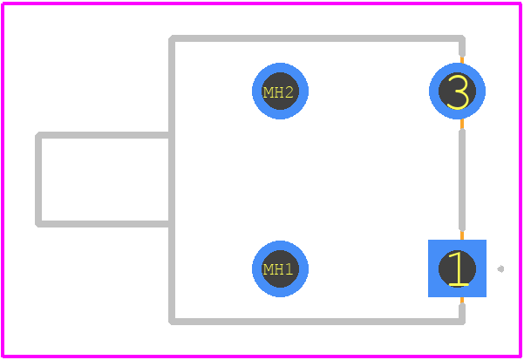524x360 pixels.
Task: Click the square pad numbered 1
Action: coord(457,268)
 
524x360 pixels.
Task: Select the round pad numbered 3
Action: coord(457,91)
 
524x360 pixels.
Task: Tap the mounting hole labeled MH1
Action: coord(280,268)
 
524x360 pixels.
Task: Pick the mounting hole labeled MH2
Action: coord(280,91)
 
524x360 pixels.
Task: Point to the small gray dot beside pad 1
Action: coord(500,268)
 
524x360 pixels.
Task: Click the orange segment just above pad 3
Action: coord(462,60)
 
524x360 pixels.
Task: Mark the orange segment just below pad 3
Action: coord(462,124)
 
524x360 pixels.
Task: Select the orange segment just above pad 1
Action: coord(462,235)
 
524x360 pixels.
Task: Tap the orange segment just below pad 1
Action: coord(462,300)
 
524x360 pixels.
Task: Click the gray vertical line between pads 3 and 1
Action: coord(462,180)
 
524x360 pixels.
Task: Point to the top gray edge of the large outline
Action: coord(316,38)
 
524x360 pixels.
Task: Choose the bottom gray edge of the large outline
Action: coord(316,322)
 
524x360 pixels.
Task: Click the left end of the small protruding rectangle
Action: coord(38,180)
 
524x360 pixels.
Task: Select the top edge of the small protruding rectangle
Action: coord(104,135)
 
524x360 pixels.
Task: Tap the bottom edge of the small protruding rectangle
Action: coord(104,224)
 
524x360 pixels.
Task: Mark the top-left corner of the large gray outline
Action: coord(172,38)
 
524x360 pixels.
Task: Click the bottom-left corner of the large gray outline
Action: coord(172,322)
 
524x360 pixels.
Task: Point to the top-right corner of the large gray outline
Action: coord(462,38)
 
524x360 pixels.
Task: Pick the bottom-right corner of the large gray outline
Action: coord(462,322)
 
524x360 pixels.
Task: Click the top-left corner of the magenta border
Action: coord(3,3)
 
